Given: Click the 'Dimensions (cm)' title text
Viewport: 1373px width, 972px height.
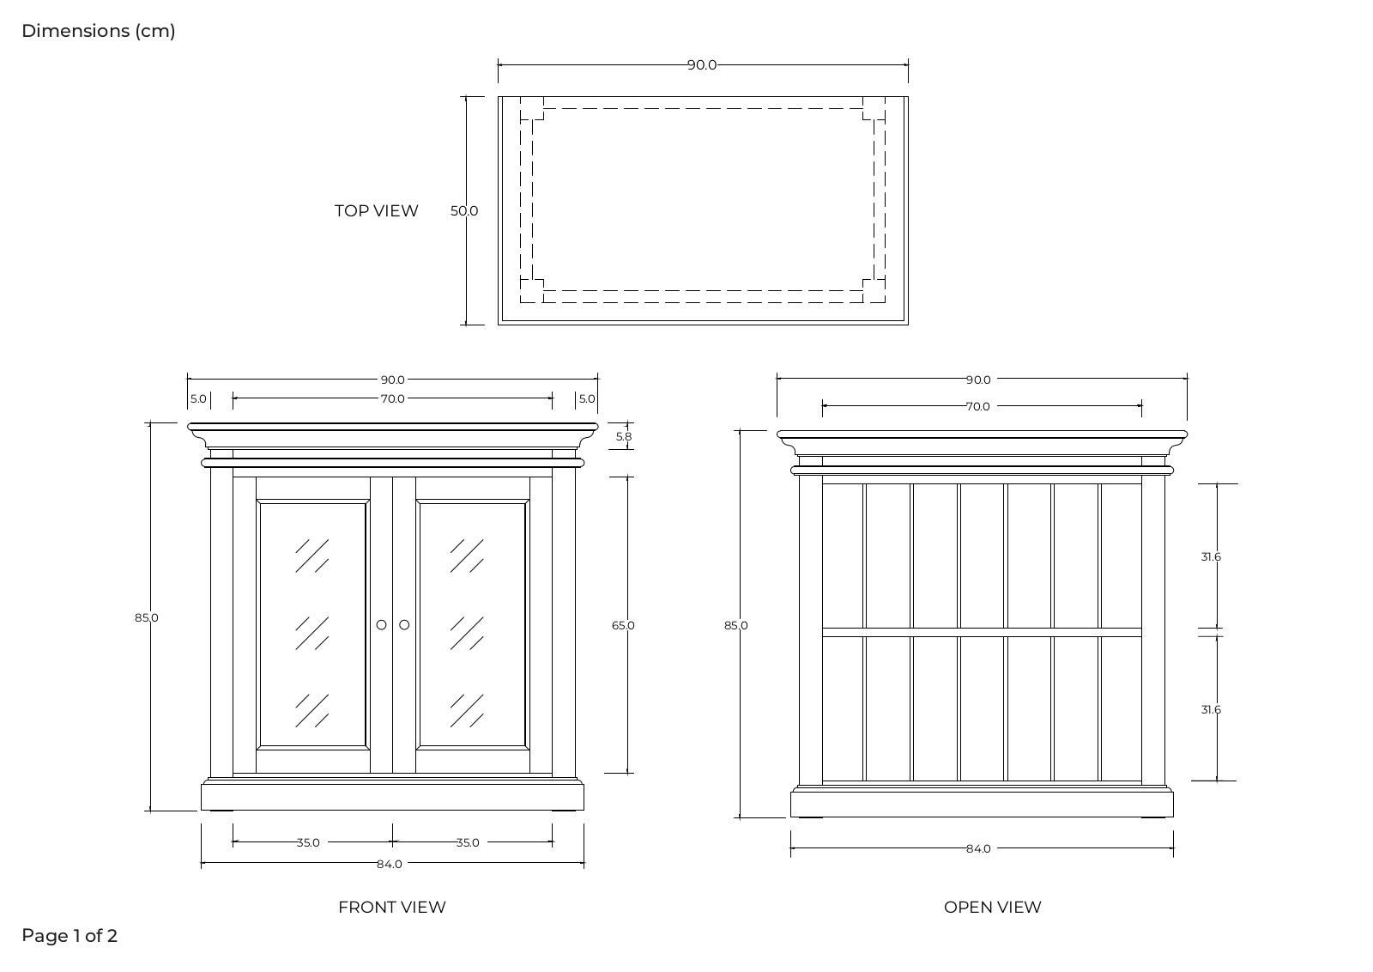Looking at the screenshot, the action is (x=99, y=31).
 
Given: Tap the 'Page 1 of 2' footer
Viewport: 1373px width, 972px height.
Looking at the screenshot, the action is (x=70, y=936).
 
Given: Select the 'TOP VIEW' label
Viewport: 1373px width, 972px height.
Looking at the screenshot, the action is (x=377, y=211).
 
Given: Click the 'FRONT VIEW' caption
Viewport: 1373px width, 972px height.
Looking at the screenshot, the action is (x=392, y=907).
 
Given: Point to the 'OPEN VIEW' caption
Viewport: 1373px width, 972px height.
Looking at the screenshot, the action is (x=992, y=907).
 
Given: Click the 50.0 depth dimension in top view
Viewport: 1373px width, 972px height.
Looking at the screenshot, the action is (x=464, y=211).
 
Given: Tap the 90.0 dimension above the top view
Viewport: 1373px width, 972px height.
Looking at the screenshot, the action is (x=702, y=65).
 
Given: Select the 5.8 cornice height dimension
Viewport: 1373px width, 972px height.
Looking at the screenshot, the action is (x=623, y=437).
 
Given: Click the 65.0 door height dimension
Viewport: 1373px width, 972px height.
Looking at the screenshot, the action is (x=623, y=625).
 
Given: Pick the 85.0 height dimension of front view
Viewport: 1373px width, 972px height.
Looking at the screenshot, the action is (x=147, y=617).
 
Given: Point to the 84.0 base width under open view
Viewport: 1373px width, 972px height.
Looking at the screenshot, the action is (x=978, y=848).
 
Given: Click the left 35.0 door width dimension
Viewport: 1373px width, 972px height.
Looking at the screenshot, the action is (x=308, y=842).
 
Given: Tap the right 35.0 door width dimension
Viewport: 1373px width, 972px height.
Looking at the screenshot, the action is (x=467, y=842).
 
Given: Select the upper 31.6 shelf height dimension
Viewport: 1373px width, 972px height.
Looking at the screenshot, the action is (x=1211, y=556).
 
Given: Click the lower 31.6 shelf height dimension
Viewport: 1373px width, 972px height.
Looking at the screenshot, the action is (x=1211, y=709).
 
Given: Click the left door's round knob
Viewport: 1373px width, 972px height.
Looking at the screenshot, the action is (x=381, y=625).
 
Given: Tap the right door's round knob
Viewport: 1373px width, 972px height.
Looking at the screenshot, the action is (x=404, y=625).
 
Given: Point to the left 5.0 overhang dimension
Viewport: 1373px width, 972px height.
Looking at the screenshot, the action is (x=198, y=398).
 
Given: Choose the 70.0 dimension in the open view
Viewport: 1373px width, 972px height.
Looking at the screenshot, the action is (x=977, y=407).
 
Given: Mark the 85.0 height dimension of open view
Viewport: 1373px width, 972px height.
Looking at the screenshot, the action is (x=736, y=625).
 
